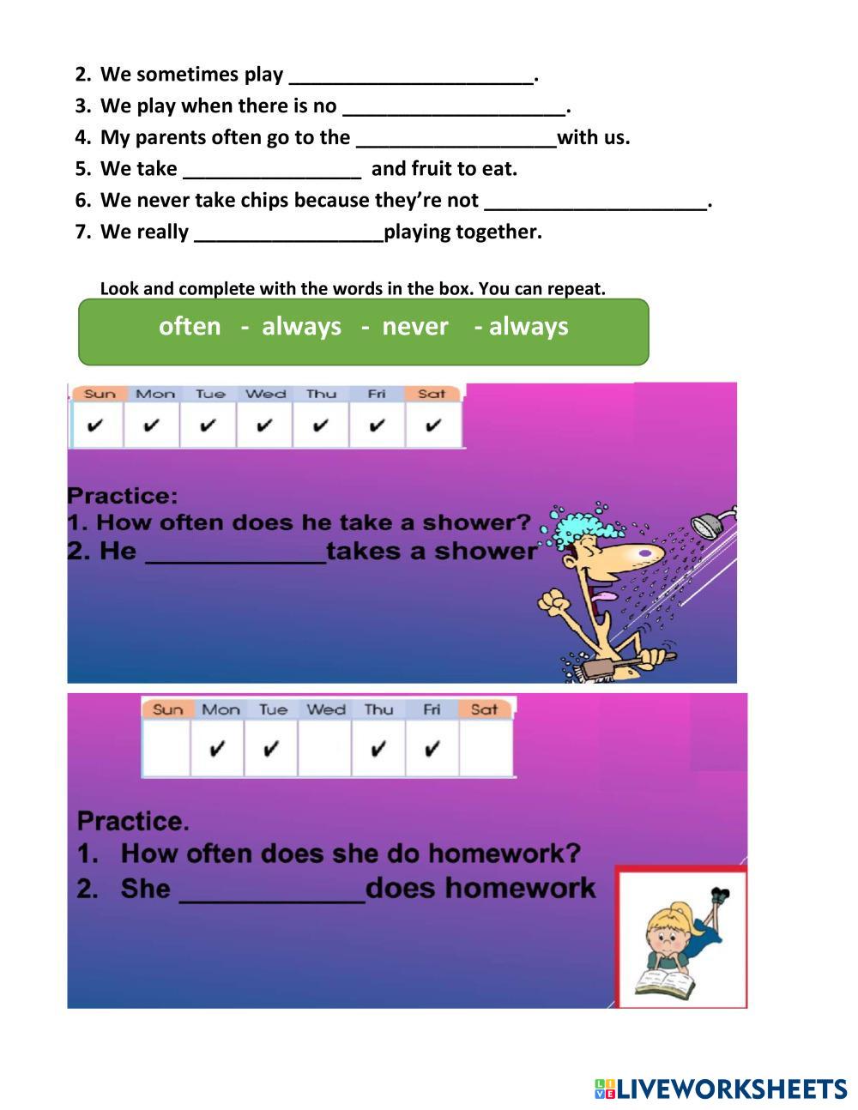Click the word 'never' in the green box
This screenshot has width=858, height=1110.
[x=415, y=327]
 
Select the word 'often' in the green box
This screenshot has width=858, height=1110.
[x=190, y=327]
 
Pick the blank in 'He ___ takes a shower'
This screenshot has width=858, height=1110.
[x=236, y=554]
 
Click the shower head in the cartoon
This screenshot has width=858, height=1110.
[x=710, y=520]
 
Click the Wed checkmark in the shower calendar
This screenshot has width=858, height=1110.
[x=264, y=425]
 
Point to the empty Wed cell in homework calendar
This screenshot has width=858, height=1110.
[x=325, y=748]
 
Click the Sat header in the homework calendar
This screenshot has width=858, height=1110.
[x=484, y=709]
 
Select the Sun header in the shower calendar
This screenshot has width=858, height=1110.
[x=100, y=394]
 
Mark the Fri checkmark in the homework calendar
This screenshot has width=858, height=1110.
[x=432, y=749]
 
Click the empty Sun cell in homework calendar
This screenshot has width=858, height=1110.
[x=166, y=748]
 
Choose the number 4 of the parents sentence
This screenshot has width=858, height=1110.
[x=82, y=137]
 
